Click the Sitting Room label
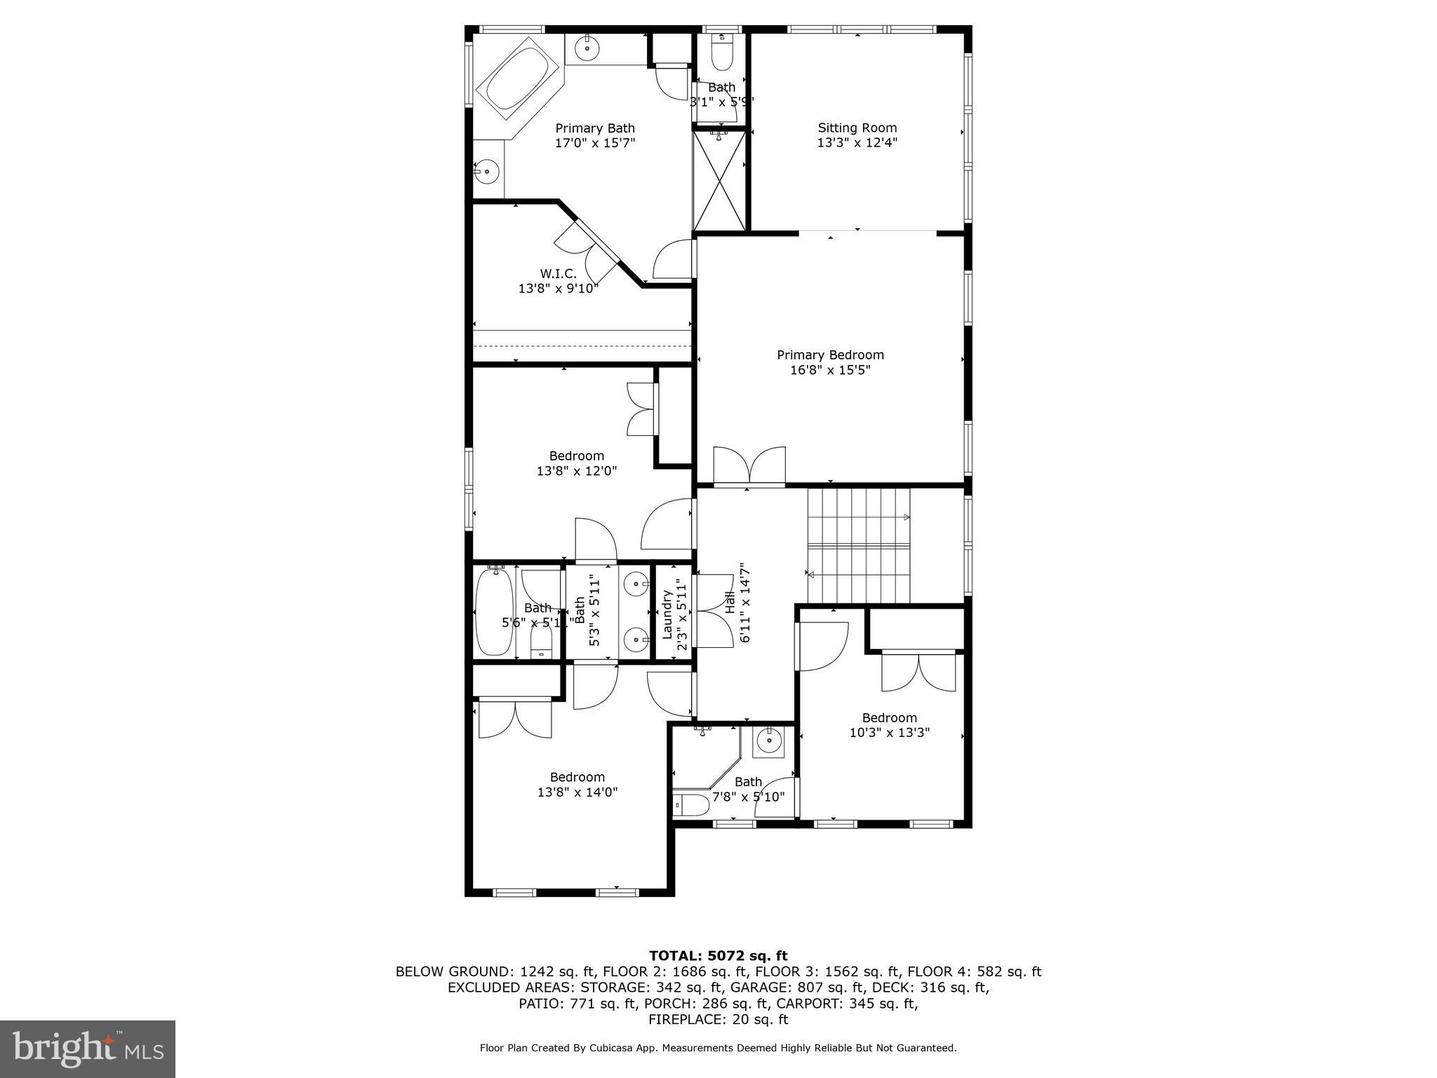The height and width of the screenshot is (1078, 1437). [857, 128]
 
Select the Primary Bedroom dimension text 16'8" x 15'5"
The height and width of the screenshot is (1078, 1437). [830, 370]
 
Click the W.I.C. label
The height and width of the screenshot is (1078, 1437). [558, 274]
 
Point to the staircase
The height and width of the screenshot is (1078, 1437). [858, 545]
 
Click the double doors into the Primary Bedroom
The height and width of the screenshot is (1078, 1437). [749, 466]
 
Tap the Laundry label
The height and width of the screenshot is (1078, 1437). [667, 614]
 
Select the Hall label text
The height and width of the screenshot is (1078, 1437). [730, 603]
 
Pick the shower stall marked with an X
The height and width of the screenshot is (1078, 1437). [720, 180]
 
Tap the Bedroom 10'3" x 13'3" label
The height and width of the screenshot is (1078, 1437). [889, 717]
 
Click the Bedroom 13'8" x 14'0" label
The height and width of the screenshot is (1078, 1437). [577, 777]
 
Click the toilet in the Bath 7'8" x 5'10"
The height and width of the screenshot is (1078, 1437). [692, 804]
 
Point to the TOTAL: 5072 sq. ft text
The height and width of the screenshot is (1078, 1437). [718, 955]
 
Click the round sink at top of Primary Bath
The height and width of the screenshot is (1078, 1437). [587, 48]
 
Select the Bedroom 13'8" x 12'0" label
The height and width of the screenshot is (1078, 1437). [576, 456]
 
